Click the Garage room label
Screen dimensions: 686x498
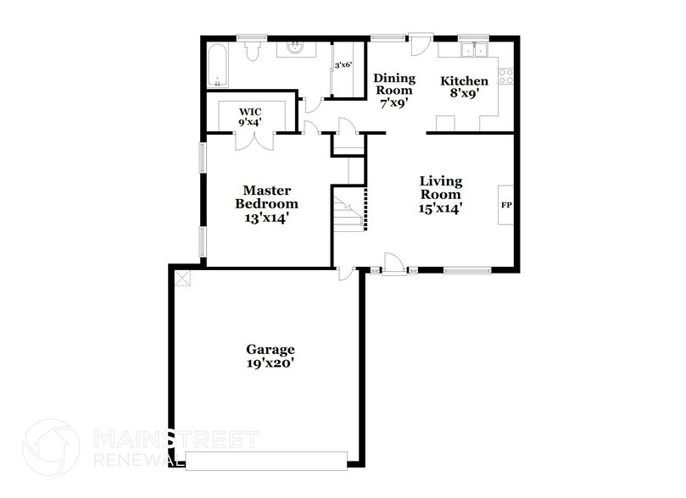click(270, 356)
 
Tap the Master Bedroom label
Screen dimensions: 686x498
click(266, 203)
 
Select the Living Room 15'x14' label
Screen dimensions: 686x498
click(441, 195)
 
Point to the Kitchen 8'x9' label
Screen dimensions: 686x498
click(464, 86)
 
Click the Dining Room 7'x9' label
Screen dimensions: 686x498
click(394, 91)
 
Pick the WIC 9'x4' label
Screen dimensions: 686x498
click(250, 117)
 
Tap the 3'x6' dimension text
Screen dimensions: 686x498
click(343, 65)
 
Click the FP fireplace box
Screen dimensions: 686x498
click(505, 205)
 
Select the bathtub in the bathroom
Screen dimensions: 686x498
click(216, 65)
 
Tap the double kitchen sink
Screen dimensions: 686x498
click(474, 50)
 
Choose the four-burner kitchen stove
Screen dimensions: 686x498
click(505, 76)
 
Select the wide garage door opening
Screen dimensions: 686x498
click(266, 461)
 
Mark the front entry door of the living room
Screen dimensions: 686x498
click(393, 264)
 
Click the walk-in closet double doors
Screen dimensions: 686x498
click(254, 141)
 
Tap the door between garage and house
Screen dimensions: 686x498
click(345, 273)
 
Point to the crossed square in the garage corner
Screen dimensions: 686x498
click(183, 278)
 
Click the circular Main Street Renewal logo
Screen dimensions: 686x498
click(51, 447)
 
